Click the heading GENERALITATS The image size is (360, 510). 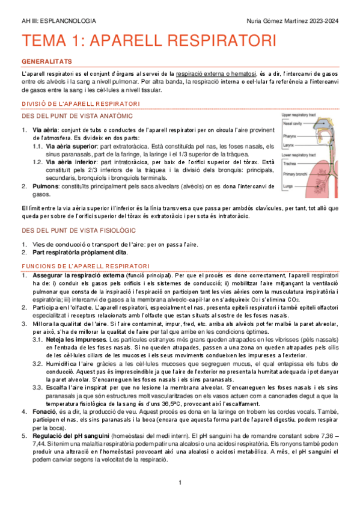[46, 62]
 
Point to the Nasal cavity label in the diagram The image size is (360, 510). [292, 122]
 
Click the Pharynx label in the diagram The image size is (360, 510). [289, 137]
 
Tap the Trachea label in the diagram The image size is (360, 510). [289, 162]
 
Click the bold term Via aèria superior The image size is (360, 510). [72, 146]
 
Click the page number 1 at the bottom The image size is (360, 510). [180, 483]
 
